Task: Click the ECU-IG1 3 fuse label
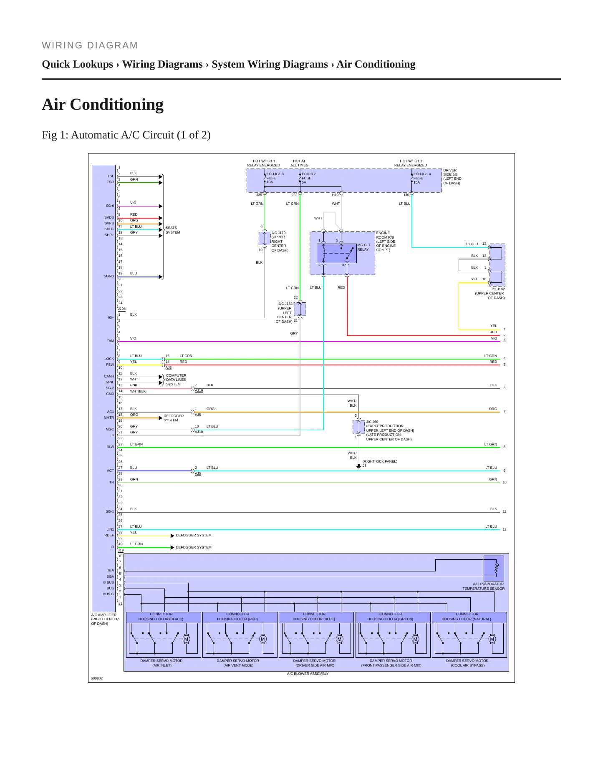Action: (275, 178)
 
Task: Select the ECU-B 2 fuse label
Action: (309, 178)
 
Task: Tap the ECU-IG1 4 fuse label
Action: (422, 178)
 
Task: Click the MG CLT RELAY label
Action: (364, 247)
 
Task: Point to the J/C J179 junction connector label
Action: (280, 242)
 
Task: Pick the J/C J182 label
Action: (490, 293)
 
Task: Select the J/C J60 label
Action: (390, 430)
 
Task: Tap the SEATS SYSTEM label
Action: (173, 230)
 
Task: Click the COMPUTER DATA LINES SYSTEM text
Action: (176, 380)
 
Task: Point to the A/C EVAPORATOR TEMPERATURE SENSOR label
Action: (484, 586)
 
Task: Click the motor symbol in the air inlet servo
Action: (186, 639)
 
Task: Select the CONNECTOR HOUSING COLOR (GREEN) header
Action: (390, 616)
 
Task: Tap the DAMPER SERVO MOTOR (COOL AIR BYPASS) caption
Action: (467, 663)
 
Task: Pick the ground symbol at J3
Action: (358, 466)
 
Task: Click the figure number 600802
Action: (97, 678)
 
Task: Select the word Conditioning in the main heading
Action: (116, 104)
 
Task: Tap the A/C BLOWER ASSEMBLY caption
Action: (308, 674)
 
